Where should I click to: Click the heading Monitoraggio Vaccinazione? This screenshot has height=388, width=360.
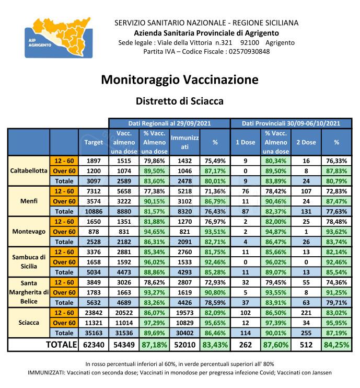pyautogui.click(x=179, y=79)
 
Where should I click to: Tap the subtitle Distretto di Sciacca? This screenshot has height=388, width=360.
pyautogui.click(x=179, y=100)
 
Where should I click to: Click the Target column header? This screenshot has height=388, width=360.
pyautogui.click(x=94, y=142)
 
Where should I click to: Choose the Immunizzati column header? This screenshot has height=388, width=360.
pyautogui.click(x=184, y=142)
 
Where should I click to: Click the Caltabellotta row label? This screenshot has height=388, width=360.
pyautogui.click(x=29, y=170)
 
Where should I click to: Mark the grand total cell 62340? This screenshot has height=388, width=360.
pyautogui.click(x=94, y=345)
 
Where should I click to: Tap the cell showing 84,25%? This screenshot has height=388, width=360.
pyautogui.click(x=336, y=345)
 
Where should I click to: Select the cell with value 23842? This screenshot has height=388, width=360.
pyautogui.click(x=94, y=313)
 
